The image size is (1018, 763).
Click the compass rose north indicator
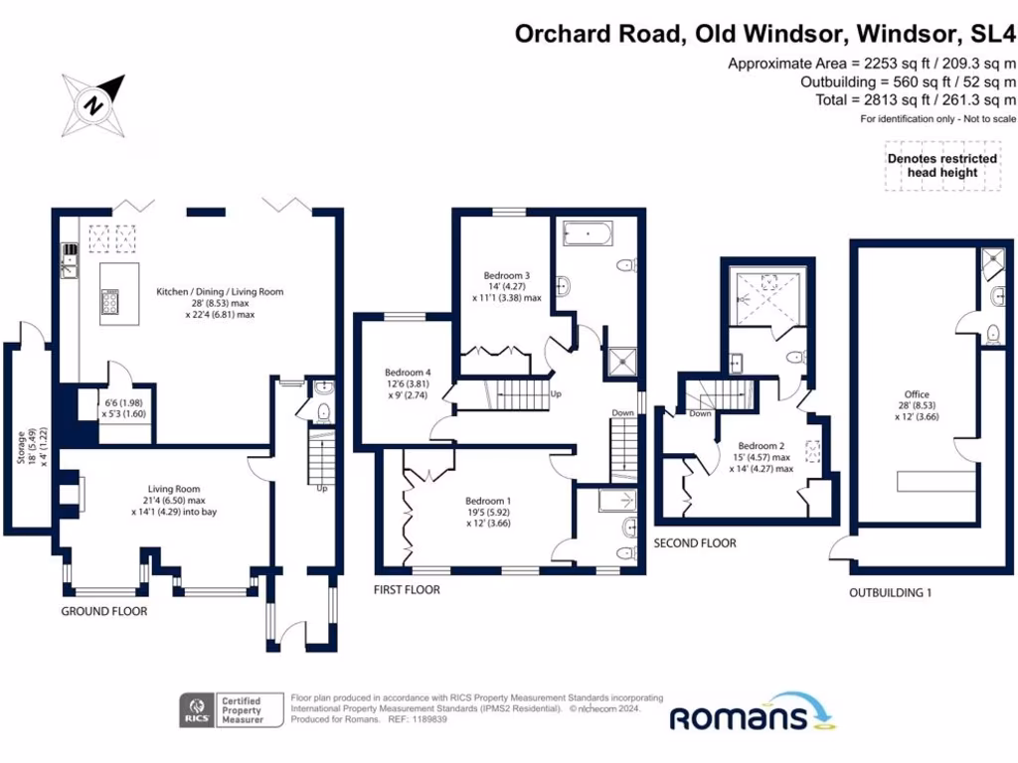coord(93,103)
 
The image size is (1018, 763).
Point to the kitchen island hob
coord(110,298)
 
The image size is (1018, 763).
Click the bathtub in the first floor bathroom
coord(588,234)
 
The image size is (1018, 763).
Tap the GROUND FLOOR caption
coord(104,611)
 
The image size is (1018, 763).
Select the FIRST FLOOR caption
coord(407,589)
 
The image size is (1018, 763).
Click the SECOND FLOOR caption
coord(695,543)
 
